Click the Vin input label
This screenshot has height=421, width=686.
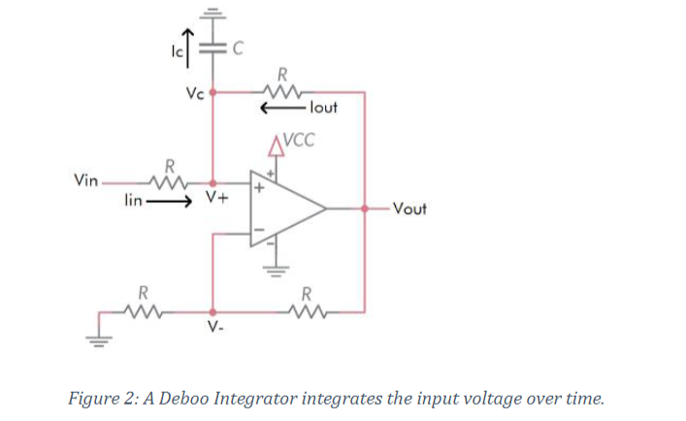(x=85, y=181)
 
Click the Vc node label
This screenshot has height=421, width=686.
(x=194, y=93)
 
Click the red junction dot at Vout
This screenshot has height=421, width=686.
(x=364, y=208)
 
